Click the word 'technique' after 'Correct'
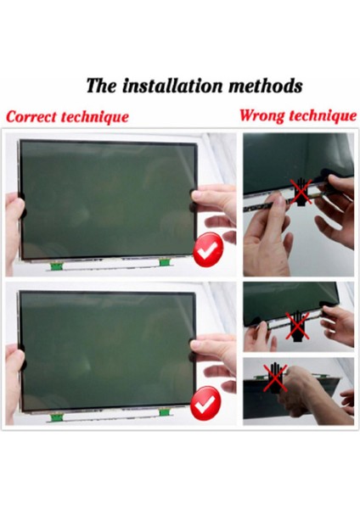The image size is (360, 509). [x=96, y=116]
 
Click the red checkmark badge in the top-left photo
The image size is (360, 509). [x=206, y=253]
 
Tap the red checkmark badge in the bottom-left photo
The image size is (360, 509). [x=206, y=405]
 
